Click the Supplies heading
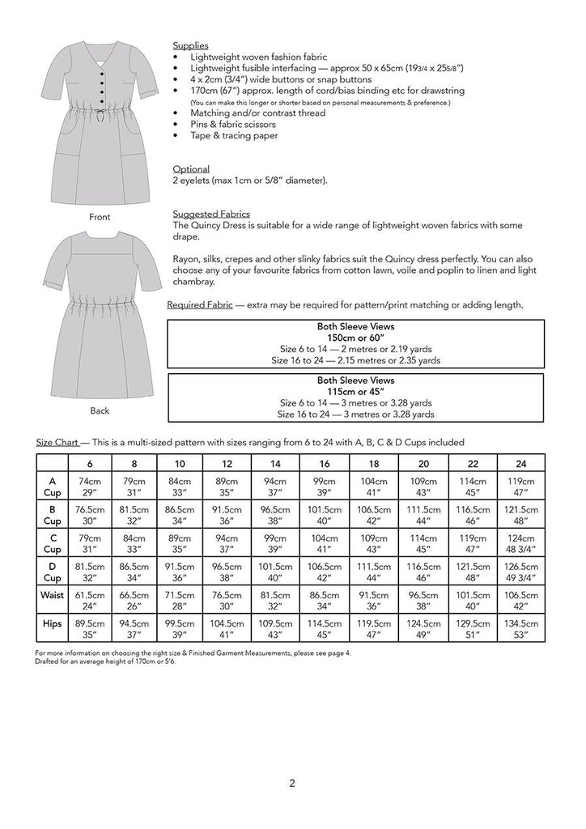(191, 46)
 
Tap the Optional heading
(191, 169)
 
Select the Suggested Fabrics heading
(206, 214)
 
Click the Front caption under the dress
(100, 218)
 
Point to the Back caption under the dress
(100, 410)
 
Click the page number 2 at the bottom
(292, 784)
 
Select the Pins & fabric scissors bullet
(227, 124)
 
